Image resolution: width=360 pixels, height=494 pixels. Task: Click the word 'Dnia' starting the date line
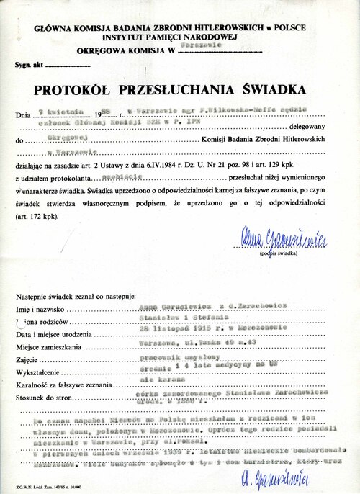(x=26, y=115)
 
